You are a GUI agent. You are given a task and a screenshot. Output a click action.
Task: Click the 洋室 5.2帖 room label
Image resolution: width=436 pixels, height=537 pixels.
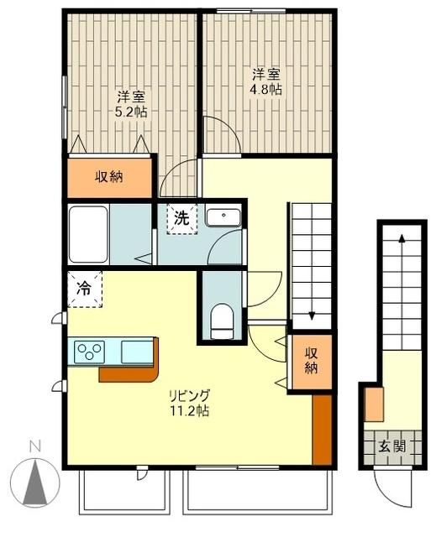point(130,102)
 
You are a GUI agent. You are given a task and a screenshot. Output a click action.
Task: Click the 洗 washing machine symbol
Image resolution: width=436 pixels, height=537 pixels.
point(181,218)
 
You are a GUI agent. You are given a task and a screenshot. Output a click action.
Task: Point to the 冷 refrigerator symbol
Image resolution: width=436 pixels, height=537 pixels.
point(84,288)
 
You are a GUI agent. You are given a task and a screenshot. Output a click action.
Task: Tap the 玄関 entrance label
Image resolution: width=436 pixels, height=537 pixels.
point(391,446)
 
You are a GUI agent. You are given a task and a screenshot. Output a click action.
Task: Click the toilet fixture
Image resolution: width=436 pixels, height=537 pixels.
point(223,320)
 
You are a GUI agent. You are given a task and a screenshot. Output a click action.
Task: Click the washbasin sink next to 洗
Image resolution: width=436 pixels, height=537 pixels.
point(223,217)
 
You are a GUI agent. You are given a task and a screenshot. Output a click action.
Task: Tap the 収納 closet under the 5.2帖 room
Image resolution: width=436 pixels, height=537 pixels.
point(109,176)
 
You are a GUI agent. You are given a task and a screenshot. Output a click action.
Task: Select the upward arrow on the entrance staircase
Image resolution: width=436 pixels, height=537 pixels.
point(402,238)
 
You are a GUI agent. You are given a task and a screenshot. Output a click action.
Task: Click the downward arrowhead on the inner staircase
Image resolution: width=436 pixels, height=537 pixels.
point(312,316)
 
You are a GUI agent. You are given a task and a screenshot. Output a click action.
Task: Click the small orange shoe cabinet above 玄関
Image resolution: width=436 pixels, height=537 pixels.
point(375,404)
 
